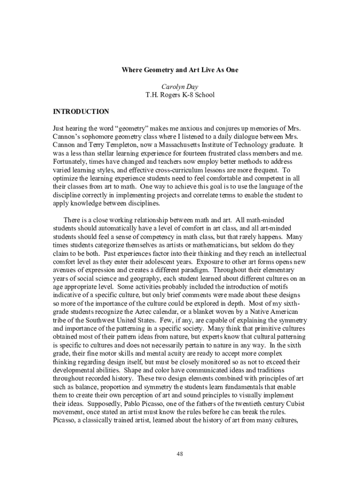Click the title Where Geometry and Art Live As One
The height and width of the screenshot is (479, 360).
coord(180,70)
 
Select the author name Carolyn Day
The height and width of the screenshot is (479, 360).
coord(180,87)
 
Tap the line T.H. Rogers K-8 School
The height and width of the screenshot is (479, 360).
coord(180,95)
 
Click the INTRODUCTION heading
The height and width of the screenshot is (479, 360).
coord(81,112)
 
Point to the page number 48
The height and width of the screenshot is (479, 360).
coord(180,454)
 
